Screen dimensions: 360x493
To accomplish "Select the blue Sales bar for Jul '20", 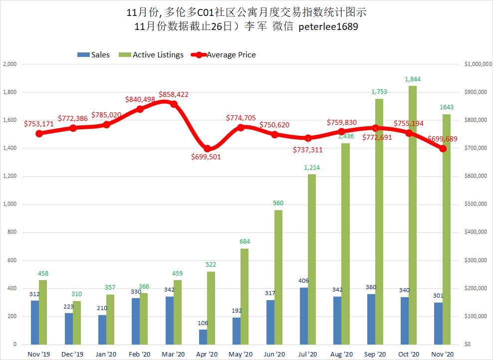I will (304, 316).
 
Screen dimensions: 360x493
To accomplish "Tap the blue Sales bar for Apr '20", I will (203, 337).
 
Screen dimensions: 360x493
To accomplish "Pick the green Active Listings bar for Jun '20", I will (278, 277).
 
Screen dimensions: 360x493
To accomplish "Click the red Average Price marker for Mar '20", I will (174, 104).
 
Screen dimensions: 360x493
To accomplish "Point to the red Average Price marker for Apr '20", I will (208, 148).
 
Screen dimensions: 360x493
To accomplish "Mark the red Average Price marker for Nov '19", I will (39, 133).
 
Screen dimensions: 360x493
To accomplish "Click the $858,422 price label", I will (174, 94).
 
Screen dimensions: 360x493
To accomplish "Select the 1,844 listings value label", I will (413, 79).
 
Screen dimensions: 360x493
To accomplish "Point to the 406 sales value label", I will (304, 281).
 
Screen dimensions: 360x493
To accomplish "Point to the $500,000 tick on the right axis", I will (475, 204).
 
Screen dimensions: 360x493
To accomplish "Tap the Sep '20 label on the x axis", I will (375, 354).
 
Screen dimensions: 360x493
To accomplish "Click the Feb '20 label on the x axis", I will (140, 354).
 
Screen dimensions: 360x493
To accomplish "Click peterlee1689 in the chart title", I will (328, 27).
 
